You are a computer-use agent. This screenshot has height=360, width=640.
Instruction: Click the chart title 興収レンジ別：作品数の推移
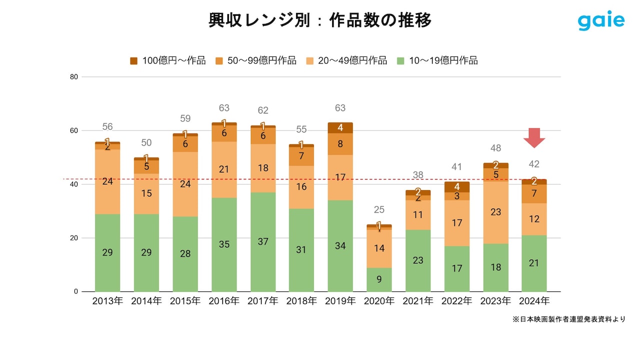(320, 20)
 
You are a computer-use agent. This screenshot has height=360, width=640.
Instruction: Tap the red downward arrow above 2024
(534, 137)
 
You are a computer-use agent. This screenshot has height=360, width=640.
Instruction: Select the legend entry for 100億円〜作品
(167, 60)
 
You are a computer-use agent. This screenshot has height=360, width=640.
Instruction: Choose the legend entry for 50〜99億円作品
(256, 60)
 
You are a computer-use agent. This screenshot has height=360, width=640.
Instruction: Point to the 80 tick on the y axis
(74, 77)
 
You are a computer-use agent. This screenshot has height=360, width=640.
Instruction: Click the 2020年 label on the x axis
(379, 301)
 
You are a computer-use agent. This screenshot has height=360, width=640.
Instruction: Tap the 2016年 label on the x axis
(224, 301)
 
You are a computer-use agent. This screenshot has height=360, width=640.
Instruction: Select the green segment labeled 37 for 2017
(263, 242)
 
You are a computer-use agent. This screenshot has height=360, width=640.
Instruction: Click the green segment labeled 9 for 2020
(379, 279)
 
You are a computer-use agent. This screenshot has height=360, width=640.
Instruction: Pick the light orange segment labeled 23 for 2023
(495, 212)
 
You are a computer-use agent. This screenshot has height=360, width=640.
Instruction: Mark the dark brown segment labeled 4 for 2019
(340, 127)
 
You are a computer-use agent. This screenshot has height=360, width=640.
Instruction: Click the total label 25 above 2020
(379, 209)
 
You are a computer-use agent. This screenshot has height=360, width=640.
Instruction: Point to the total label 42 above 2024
(534, 164)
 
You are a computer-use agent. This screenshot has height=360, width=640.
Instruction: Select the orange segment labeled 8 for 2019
(340, 144)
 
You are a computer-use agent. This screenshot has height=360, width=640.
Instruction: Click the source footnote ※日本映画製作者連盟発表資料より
(568, 319)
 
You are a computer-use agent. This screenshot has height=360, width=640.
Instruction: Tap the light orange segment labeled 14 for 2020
(379, 248)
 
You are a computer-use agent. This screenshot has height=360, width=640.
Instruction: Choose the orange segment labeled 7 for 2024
(534, 193)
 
